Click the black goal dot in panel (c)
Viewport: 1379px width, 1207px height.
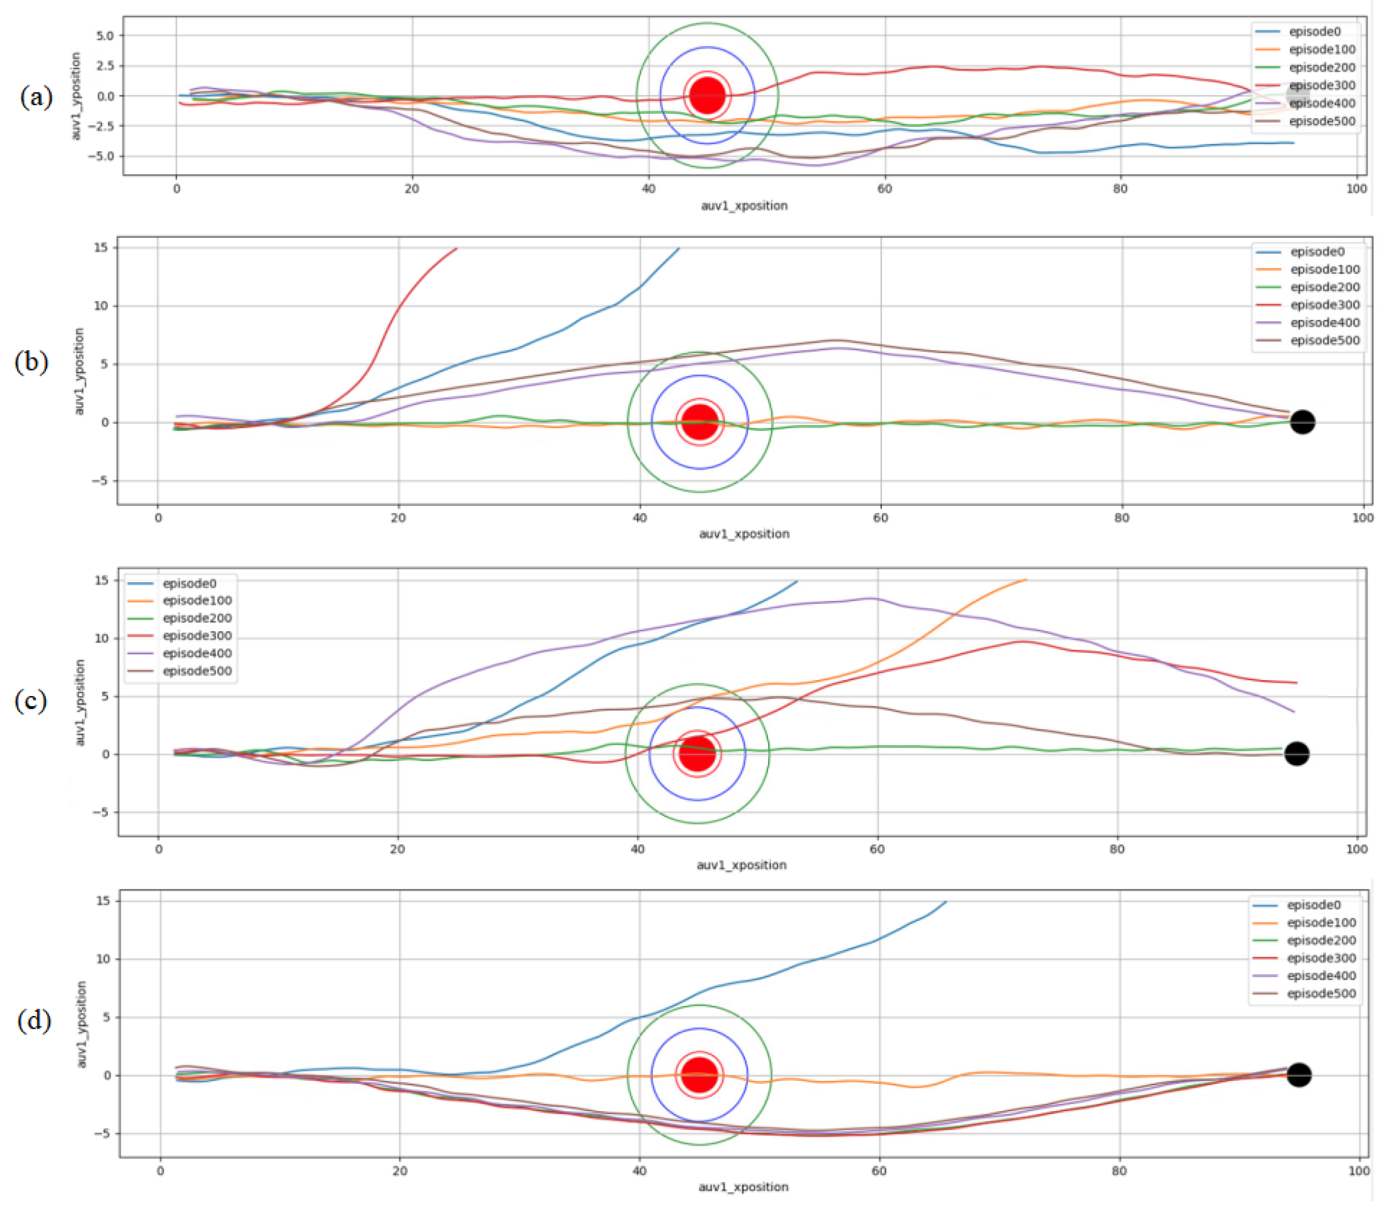point(1296,754)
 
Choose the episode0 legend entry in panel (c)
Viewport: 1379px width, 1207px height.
point(189,583)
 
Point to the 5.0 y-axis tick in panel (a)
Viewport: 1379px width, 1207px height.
point(104,36)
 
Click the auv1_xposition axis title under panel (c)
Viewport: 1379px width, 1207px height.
point(741,865)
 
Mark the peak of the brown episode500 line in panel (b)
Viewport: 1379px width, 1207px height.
point(836,340)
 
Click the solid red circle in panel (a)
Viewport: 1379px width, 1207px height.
point(707,95)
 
